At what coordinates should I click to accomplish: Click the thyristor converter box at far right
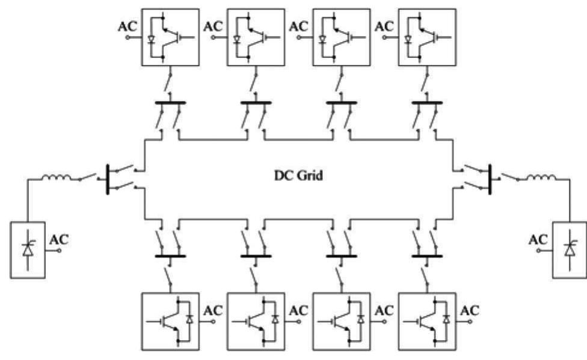(568, 250)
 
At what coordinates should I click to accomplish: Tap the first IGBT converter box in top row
(170, 37)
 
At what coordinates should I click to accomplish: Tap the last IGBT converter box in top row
(426, 37)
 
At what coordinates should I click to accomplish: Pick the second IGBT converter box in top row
(256, 37)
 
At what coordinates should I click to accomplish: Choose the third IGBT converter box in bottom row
(341, 322)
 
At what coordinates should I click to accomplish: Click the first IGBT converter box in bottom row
(170, 322)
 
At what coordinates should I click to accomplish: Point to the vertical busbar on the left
(107, 178)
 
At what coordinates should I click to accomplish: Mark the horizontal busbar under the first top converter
(170, 103)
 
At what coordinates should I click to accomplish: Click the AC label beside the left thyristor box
(59, 239)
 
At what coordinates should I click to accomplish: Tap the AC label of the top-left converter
(128, 26)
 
